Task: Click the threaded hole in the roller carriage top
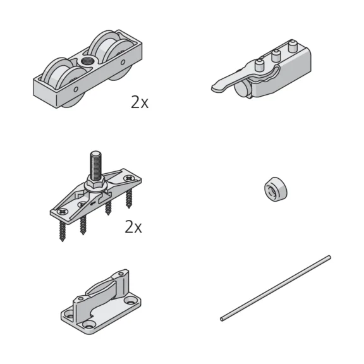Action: [x=86, y=62]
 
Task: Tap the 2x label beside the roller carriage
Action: [x=140, y=102]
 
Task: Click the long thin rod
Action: [x=276, y=288]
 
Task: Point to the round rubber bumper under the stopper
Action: [x=243, y=92]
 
